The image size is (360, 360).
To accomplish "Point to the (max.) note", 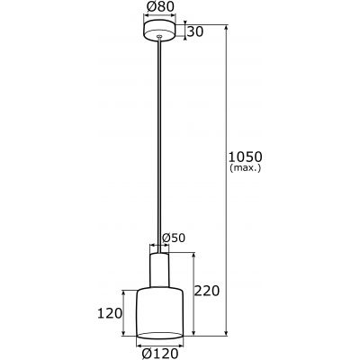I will [246, 168].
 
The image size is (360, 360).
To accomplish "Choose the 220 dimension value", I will [207, 292].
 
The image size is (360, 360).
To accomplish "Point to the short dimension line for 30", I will [184, 32].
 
